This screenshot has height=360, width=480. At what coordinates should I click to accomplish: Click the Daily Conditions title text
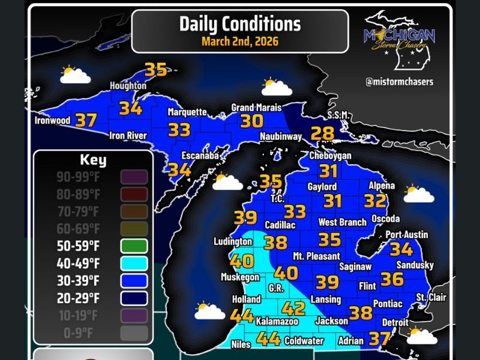[239, 23]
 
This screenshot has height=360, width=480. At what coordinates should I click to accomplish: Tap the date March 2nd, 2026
[239, 41]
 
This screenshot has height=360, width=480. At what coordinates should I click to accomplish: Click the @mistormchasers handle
[399, 81]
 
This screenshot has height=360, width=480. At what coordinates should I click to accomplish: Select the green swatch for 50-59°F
[134, 246]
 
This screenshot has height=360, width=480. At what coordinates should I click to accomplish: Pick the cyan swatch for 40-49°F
[134, 263]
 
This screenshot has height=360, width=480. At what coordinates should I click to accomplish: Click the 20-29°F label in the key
[78, 298]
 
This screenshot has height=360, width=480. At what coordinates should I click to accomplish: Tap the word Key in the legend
[93, 160]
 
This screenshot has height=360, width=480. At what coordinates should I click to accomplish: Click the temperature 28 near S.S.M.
[322, 134]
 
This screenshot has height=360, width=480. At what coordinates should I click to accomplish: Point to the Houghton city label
[128, 86]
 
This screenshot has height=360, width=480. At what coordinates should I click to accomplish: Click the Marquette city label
[187, 112]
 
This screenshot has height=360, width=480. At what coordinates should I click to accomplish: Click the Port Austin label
[406, 234]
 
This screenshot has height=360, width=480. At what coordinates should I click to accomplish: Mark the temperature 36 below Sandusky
[392, 279]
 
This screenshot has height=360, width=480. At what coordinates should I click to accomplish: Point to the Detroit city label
[395, 323]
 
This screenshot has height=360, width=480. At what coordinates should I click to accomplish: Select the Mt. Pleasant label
[312, 256]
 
